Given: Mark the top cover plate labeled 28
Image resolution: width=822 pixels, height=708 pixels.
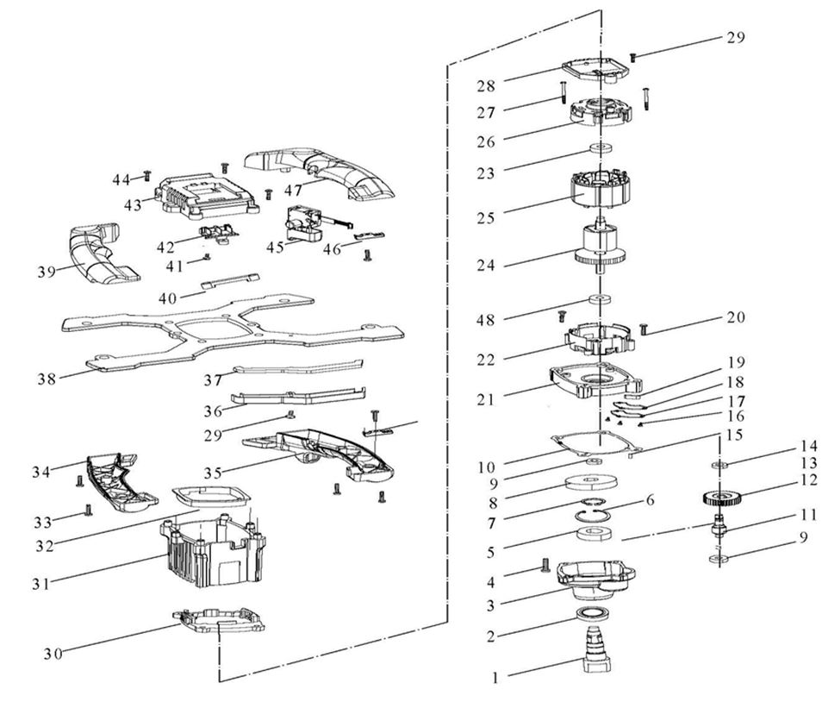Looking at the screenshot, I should (598, 70).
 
